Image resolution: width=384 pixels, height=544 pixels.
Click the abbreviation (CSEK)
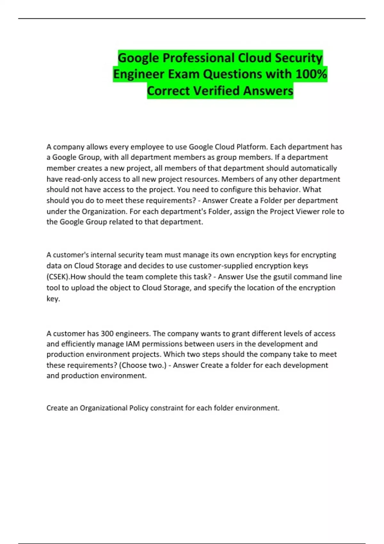[x=58, y=277]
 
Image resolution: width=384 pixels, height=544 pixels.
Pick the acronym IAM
[x=132, y=344]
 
